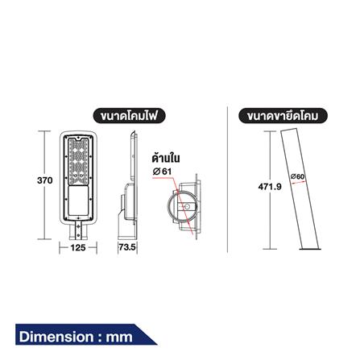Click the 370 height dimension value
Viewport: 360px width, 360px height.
click(44, 181)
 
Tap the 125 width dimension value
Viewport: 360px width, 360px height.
click(78, 248)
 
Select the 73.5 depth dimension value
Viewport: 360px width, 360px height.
click(127, 248)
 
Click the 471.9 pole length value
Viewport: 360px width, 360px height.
click(267, 187)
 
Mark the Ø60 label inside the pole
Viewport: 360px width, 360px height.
click(296, 176)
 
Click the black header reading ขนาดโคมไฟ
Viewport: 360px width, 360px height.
click(131, 116)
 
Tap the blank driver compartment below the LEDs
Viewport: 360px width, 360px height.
click(77, 197)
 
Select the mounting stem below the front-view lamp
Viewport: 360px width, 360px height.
click(77, 230)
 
